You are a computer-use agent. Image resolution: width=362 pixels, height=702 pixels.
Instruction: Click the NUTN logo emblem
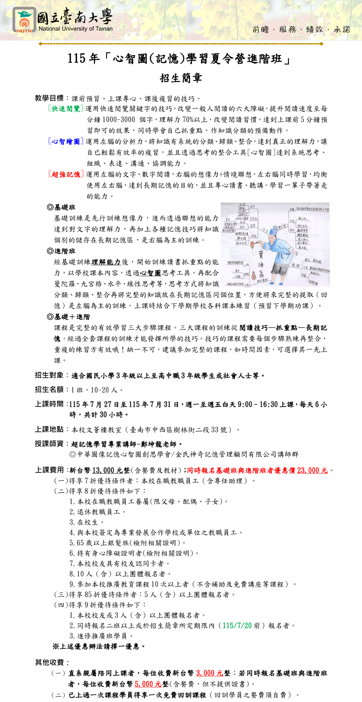point(24,20)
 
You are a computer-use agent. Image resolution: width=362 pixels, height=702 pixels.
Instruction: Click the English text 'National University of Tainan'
point(76,29)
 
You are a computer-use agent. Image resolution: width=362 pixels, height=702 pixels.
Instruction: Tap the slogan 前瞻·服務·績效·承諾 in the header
point(301,30)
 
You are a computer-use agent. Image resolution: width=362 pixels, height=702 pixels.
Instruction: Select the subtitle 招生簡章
point(181,78)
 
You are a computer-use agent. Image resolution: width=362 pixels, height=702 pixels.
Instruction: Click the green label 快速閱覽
point(66,109)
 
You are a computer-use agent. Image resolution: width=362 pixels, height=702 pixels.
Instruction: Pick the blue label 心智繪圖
point(66,142)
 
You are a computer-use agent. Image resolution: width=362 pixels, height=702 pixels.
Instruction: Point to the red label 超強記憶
point(66,174)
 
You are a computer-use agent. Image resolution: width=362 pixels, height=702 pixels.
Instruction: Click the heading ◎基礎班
point(61,207)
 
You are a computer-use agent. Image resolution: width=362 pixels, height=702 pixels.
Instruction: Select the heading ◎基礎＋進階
point(69,317)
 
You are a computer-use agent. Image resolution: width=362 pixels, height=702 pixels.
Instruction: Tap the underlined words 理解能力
point(106,262)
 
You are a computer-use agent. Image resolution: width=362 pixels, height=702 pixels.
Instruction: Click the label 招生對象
point(49,375)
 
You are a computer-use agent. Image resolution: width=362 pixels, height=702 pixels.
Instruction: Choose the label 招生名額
point(49,390)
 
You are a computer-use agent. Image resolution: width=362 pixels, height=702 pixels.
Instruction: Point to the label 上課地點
point(49,429)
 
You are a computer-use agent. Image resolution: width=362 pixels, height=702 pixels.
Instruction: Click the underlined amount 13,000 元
point(108,471)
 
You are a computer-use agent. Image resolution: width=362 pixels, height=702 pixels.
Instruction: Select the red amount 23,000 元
point(312,471)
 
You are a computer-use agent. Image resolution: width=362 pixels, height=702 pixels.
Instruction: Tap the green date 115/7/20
point(237,626)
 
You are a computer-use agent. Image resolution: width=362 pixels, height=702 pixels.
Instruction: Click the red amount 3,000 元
point(210,673)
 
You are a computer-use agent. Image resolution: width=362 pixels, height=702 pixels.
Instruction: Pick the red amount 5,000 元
point(148,684)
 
